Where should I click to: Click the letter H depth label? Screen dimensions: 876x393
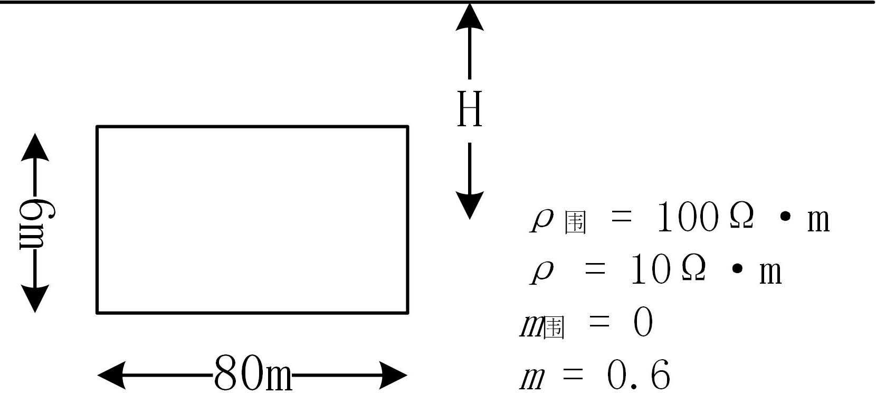[x=469, y=109]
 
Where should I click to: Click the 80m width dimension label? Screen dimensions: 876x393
[x=253, y=375]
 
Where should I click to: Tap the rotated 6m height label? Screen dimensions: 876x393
[x=35, y=223]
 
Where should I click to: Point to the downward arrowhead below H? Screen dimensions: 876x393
[x=469, y=205]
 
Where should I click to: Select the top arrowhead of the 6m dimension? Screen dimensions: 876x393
[x=35, y=147]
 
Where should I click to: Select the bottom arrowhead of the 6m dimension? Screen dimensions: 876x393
[x=35, y=298]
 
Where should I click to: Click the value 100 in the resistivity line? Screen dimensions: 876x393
[x=687, y=218]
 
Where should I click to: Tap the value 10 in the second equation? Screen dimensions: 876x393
[x=650, y=272]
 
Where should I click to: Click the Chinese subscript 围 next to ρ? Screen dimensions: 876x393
[x=575, y=223]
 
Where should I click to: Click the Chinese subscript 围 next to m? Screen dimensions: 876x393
[x=554, y=328]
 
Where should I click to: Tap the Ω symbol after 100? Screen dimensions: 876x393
[x=741, y=217]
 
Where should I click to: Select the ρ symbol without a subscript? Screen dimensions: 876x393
[x=542, y=273]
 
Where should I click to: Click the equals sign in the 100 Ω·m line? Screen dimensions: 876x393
[x=621, y=218]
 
